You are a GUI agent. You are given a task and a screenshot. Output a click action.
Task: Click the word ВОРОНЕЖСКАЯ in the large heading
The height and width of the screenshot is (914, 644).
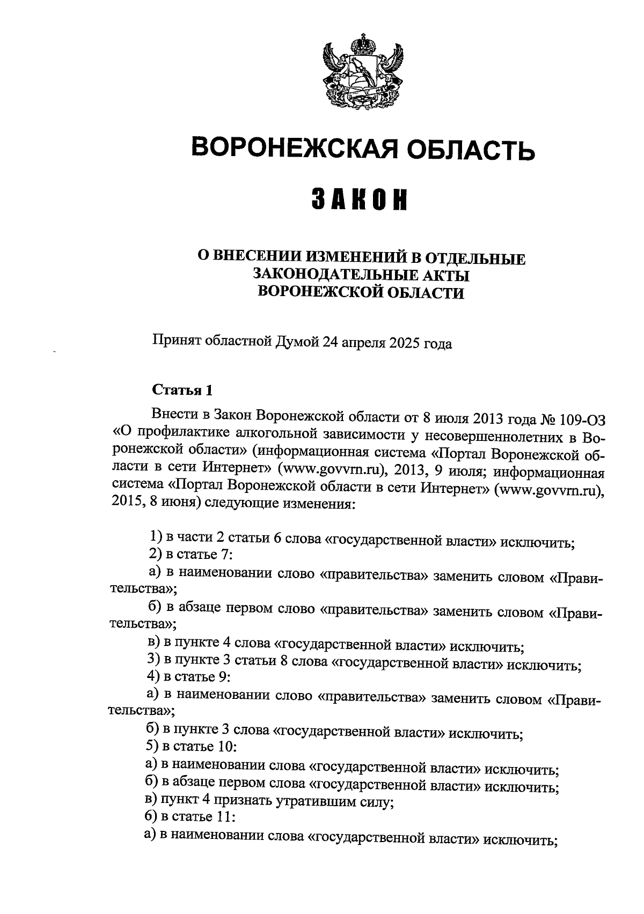click(x=294, y=147)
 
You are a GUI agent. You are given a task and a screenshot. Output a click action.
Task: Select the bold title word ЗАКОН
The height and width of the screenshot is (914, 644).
click(x=359, y=200)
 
